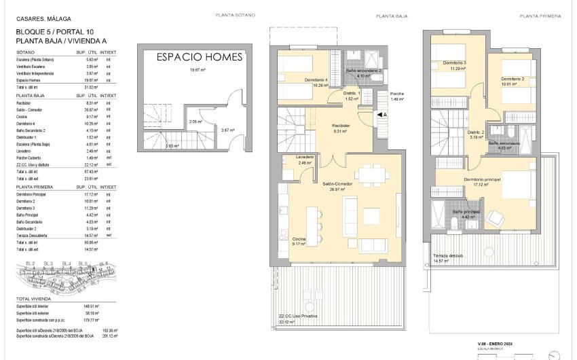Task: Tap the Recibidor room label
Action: [x=341, y=126]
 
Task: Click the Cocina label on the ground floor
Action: [x=299, y=240]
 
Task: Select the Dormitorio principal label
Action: [x=482, y=179]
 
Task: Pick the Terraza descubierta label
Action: [x=448, y=256]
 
